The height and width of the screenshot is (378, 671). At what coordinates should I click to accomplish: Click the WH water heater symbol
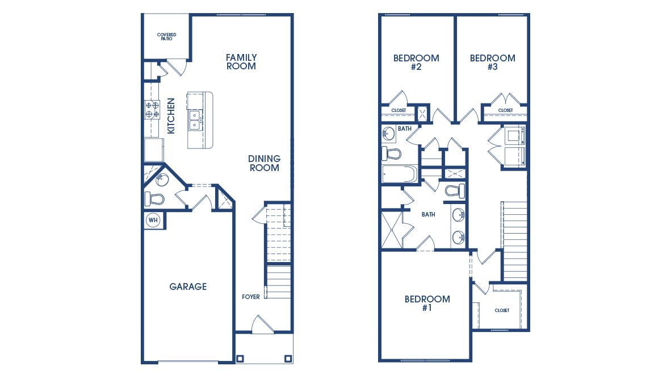point(153,220)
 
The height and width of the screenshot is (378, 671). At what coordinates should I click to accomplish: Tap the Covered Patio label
point(166,37)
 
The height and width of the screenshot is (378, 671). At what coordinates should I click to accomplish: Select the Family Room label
point(241,61)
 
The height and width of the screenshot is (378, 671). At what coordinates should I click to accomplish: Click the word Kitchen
point(171,116)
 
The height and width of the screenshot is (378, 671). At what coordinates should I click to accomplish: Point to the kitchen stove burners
point(152,109)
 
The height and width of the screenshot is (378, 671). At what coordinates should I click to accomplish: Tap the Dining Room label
point(264,163)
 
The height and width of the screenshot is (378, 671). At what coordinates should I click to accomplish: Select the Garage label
point(188,286)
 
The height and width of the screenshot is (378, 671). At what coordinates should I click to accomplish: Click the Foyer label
point(250,297)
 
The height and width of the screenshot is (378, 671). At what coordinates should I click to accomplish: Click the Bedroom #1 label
point(427,304)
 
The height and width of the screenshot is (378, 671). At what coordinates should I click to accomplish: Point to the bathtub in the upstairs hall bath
point(399,175)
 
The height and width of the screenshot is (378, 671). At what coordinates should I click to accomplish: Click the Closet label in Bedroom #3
point(505,110)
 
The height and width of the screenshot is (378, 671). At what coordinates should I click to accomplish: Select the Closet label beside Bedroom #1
point(502,310)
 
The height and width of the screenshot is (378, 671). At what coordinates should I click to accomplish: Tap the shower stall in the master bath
point(392,230)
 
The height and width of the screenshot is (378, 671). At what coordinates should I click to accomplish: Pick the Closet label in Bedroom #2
point(398,110)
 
